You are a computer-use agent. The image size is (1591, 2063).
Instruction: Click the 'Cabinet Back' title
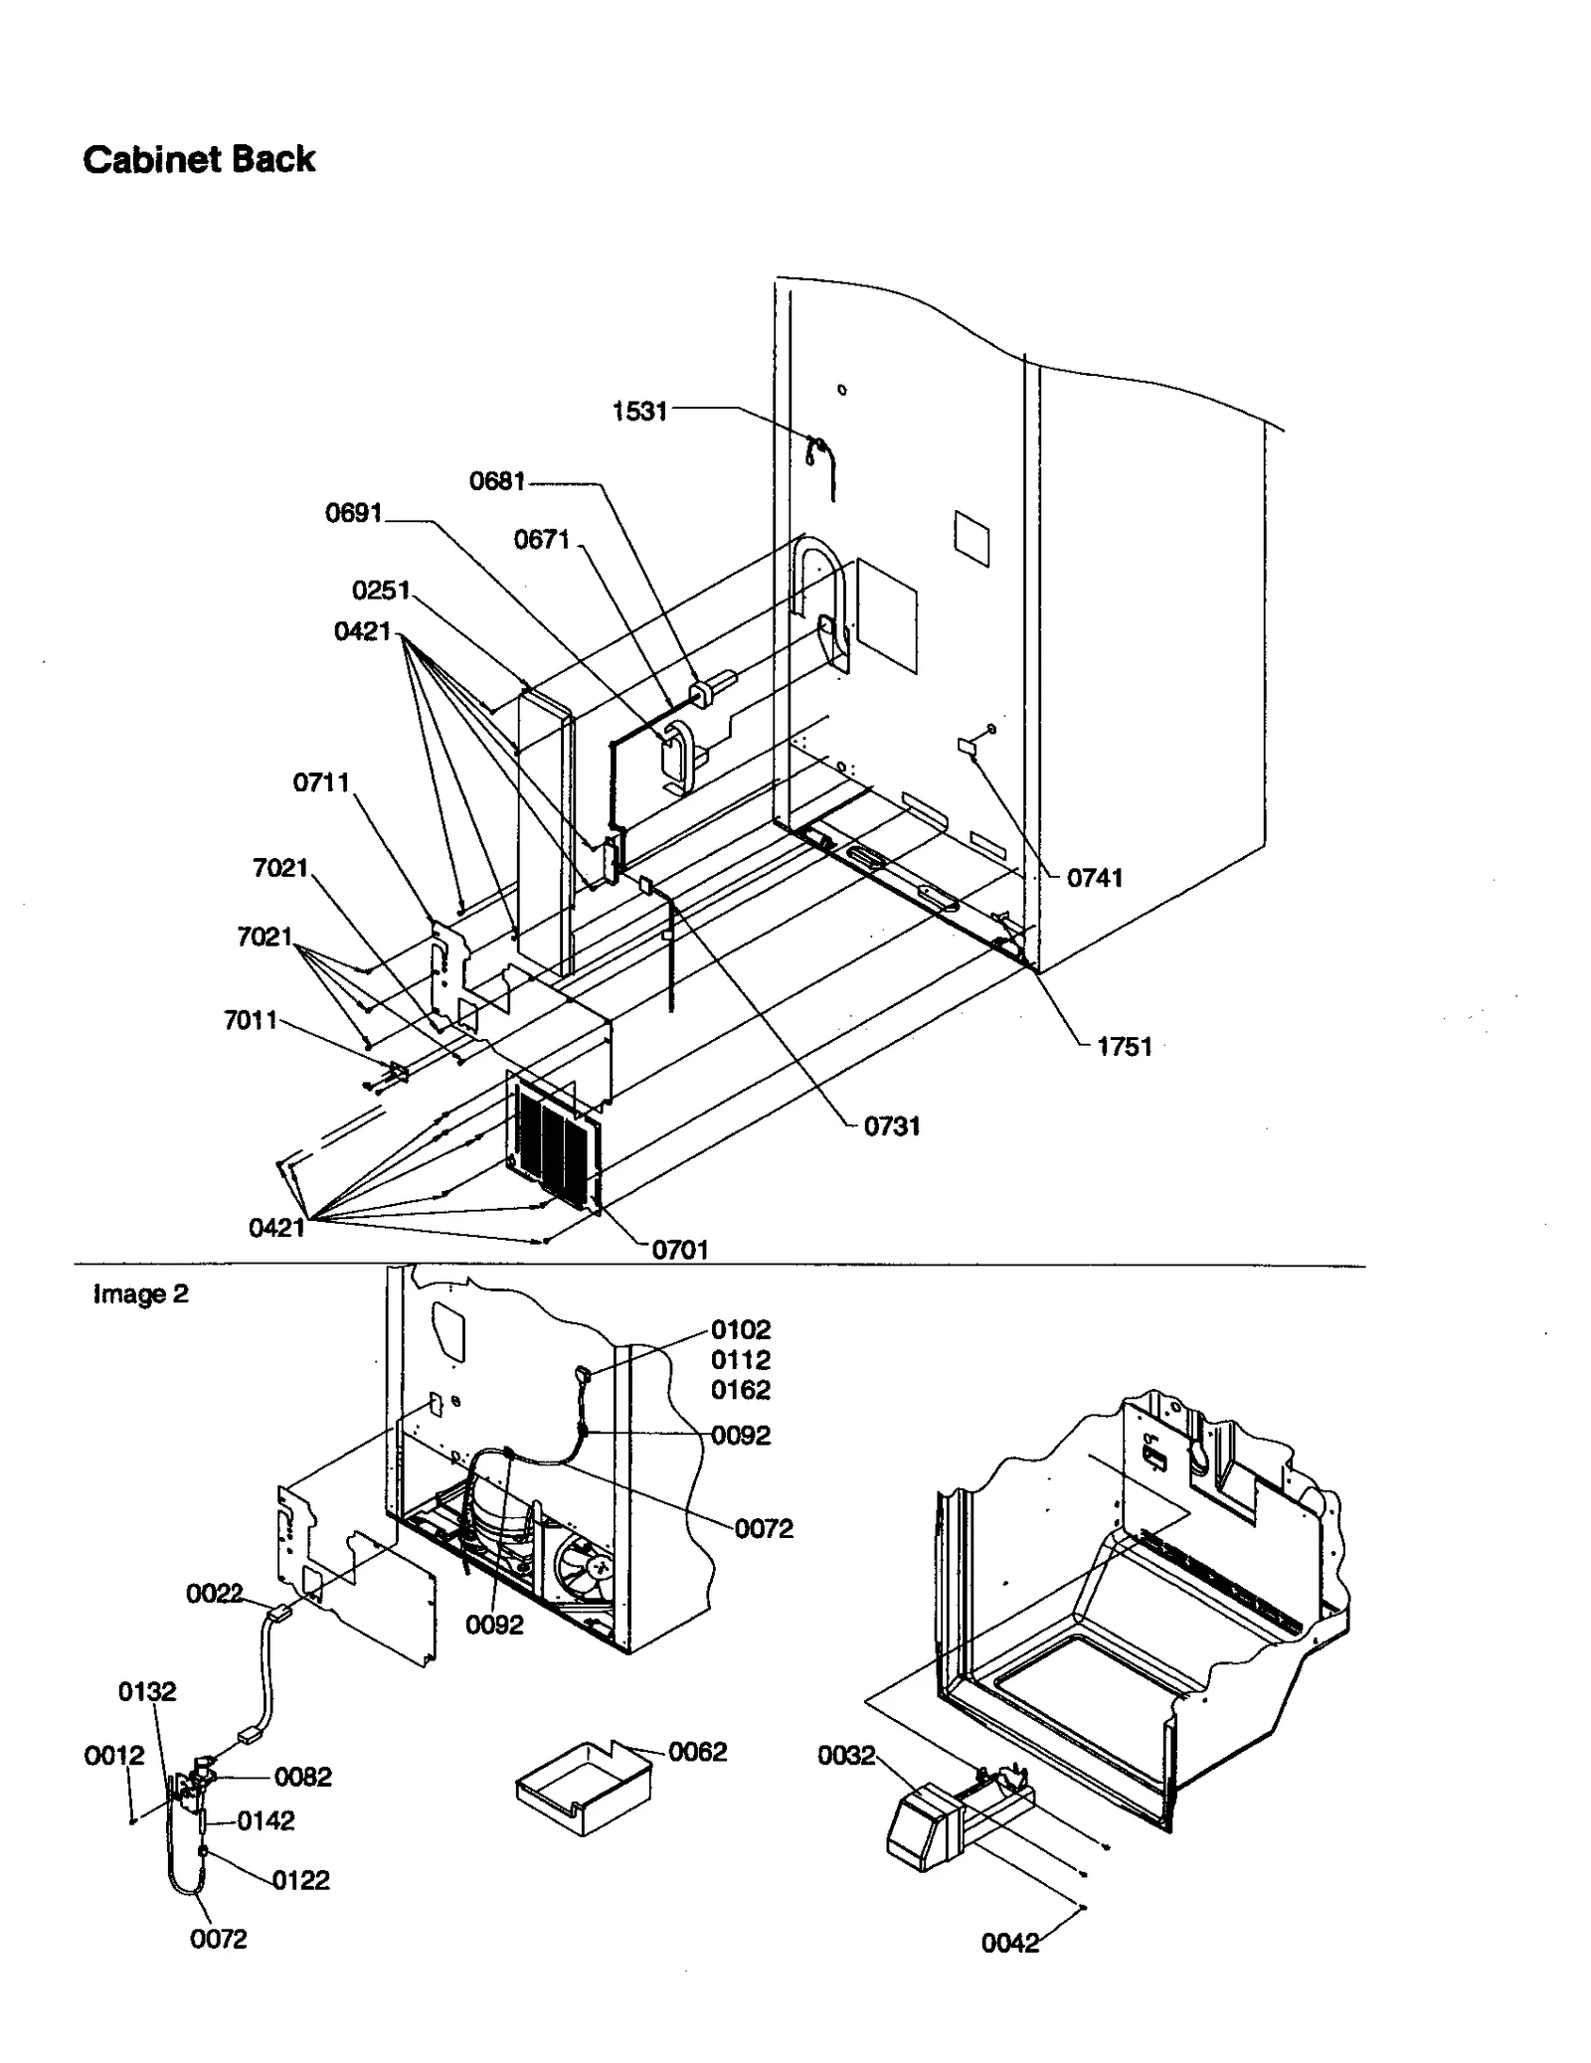click(199, 159)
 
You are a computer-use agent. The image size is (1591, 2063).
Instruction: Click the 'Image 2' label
click(140, 1293)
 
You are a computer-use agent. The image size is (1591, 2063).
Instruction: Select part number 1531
click(639, 411)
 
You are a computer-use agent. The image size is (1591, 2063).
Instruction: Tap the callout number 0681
click(497, 481)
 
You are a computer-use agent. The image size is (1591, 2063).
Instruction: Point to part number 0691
click(354, 513)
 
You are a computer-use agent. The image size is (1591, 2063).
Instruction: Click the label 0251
click(381, 591)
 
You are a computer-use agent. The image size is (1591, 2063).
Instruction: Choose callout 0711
click(321, 782)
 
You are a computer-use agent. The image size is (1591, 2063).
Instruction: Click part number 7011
click(251, 1020)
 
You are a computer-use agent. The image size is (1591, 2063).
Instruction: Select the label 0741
click(1095, 877)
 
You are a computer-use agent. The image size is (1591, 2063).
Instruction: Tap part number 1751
click(1125, 1046)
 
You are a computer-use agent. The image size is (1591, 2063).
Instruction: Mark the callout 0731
click(892, 1125)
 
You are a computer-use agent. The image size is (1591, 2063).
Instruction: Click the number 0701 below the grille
click(680, 1250)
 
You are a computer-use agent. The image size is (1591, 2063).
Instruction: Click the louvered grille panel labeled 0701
click(553, 1138)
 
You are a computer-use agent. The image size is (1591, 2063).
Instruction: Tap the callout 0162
click(741, 1389)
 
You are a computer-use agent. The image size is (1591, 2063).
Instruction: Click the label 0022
click(215, 1594)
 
